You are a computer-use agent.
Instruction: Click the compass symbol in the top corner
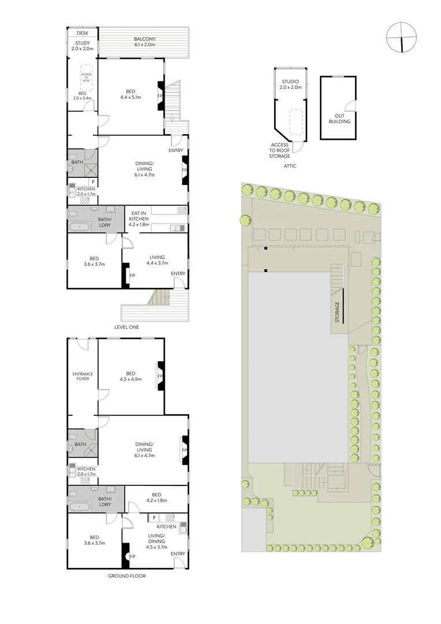401,36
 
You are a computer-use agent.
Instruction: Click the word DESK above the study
82,34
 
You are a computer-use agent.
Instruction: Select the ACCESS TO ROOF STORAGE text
279,151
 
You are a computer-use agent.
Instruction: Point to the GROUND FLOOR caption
126,576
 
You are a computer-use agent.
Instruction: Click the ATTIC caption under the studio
290,166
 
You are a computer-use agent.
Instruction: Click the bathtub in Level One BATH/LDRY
80,226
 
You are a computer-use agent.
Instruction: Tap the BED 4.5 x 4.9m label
130,376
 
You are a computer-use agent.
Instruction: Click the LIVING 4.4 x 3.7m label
156,261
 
